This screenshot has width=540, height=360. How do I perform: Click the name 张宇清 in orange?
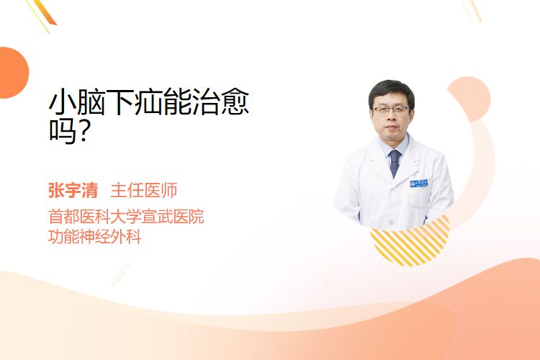tap(73, 191)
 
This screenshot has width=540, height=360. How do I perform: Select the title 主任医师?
tap(144, 191)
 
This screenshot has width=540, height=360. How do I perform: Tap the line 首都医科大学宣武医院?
tap(126, 216)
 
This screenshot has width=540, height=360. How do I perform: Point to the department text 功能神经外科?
tap(95, 237)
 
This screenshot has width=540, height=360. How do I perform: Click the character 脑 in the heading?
tap(91, 102)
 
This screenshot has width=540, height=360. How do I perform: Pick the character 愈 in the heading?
tap(235, 102)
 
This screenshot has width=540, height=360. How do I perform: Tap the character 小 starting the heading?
tap(63, 102)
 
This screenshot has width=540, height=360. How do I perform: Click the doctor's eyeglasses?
tap(391, 110)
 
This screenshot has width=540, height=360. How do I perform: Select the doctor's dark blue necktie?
tap(395, 163)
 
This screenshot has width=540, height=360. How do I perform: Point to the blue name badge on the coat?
tap(419, 184)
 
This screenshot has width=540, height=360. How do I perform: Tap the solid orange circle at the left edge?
tap(13, 73)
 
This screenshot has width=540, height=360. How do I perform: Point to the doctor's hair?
tap(391, 90)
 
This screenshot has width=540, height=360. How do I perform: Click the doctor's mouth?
tap(391, 128)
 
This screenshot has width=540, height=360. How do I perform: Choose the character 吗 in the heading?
tap(63, 131)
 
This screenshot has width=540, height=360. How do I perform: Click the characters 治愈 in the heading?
tap(220, 102)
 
